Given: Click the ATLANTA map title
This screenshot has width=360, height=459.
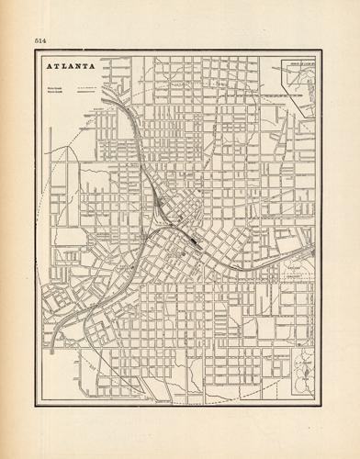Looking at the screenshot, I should coord(71,68).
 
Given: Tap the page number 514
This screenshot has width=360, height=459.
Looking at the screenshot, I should coord(40,40).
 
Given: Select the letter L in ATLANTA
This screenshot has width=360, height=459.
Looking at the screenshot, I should coord(65,68).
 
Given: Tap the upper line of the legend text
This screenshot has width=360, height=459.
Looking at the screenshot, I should coord(54,87).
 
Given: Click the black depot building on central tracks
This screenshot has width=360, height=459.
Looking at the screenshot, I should coord(195,241).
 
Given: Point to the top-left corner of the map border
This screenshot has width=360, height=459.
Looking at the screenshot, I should coord(36,51).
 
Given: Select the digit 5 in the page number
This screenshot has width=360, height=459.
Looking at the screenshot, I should coord(37,40).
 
